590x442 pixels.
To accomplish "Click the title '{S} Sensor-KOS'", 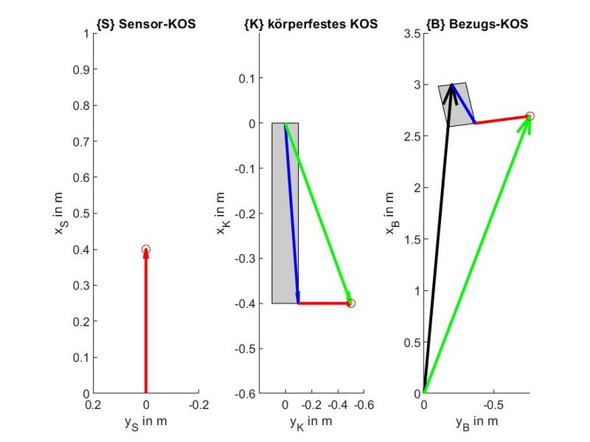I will click(x=146, y=24).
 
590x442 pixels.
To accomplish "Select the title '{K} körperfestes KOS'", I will click(x=310, y=24).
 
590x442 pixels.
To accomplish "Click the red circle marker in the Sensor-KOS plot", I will click(x=146, y=250).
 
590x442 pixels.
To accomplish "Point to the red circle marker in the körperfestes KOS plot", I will click(x=351, y=303).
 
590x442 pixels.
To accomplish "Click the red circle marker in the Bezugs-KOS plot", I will click(x=530, y=116).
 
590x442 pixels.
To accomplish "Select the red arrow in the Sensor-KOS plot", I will click(x=146, y=324).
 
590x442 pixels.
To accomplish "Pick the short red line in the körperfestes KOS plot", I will click(x=324, y=303).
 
